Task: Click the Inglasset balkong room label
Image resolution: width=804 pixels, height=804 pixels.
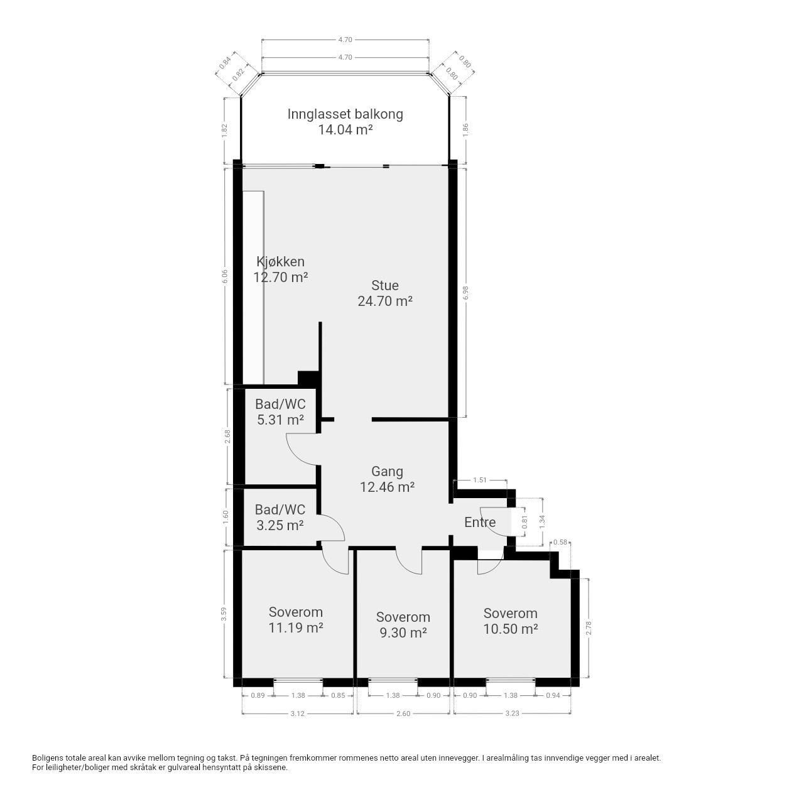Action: point(345,121)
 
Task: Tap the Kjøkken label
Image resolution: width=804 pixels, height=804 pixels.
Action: point(280,261)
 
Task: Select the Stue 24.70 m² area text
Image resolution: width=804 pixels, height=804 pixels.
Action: point(385,301)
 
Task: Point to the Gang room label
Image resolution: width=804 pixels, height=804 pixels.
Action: point(387,472)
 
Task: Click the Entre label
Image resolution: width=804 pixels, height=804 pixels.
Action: point(480,522)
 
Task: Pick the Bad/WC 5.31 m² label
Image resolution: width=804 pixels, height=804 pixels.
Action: point(280,411)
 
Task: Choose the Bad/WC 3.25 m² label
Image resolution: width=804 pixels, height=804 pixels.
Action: point(280,517)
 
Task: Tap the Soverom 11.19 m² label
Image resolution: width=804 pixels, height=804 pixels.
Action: point(296,619)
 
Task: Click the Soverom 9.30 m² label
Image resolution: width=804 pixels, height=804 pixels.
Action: point(403,624)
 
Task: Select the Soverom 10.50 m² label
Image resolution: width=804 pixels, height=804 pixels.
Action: point(510,621)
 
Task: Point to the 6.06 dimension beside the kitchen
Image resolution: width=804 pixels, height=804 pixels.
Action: point(225,276)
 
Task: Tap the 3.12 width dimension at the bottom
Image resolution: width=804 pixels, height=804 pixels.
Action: point(298,714)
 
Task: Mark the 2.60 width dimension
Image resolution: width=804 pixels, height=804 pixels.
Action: point(403,714)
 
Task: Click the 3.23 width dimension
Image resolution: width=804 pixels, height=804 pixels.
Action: point(513,714)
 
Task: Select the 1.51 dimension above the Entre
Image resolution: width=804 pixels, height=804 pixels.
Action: point(480,480)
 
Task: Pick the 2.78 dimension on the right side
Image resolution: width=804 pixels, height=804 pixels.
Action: point(589,628)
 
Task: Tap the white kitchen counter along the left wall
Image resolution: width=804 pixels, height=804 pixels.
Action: point(253,287)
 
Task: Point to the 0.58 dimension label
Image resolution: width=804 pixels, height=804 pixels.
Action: point(560,543)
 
